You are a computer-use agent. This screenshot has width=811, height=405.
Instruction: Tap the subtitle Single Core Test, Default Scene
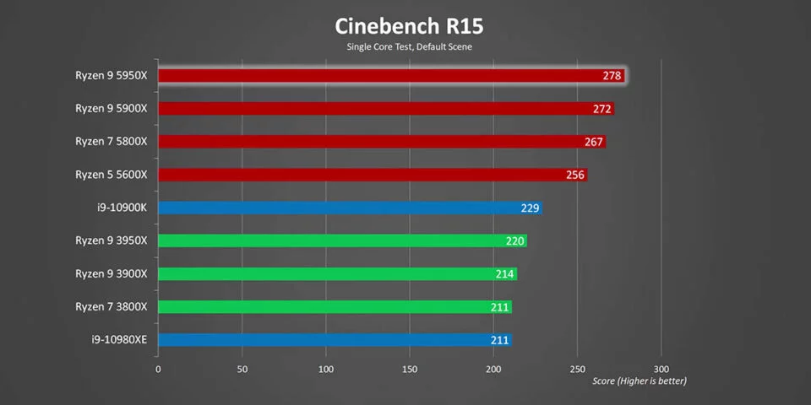(409, 46)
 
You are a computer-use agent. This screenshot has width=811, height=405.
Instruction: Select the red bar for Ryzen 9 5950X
(372, 76)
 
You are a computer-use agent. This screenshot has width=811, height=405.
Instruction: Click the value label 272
(603, 109)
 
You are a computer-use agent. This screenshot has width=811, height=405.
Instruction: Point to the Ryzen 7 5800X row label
(111, 141)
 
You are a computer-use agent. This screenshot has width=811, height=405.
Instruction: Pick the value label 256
(576, 175)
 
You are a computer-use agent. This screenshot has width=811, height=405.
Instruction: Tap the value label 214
(505, 274)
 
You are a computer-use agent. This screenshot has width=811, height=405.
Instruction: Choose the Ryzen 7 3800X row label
(111, 306)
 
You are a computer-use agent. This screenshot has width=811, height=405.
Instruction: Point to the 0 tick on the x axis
(158, 370)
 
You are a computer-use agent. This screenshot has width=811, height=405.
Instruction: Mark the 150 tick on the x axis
(410, 370)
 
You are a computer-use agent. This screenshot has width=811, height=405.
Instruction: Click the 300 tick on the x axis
(661, 370)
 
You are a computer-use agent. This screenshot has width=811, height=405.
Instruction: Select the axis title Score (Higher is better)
(639, 381)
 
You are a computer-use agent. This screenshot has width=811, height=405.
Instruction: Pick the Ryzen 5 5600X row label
(111, 174)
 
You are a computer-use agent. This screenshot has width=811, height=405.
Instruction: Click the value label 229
(531, 208)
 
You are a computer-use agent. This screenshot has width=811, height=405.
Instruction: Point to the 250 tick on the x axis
(578, 370)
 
